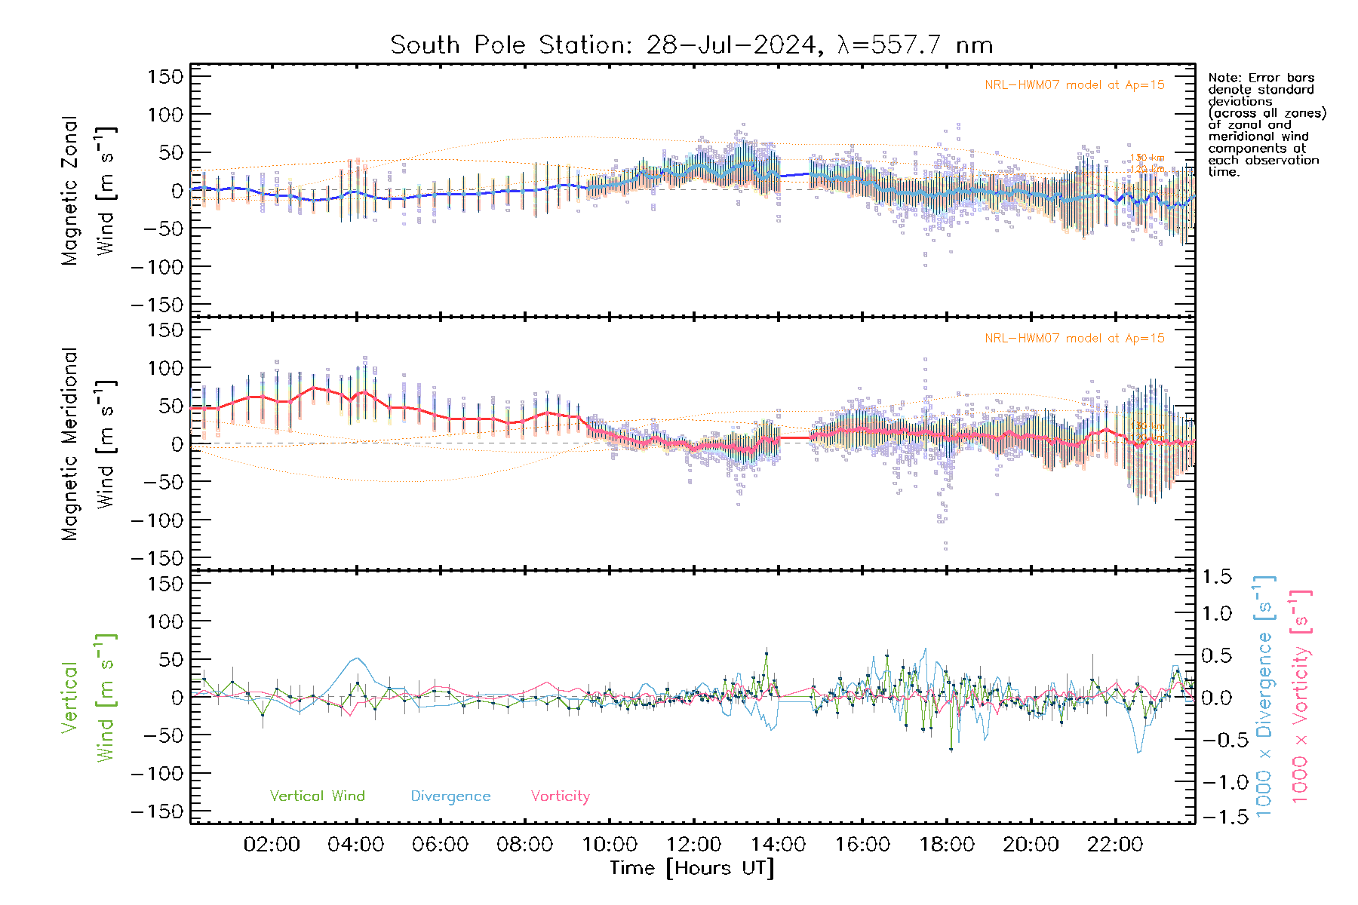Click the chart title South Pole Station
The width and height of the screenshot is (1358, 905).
[x=690, y=45]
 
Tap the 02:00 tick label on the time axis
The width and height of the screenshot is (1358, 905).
[x=272, y=845]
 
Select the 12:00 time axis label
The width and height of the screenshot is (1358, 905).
[x=693, y=845]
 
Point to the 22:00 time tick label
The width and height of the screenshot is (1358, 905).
[x=1115, y=845]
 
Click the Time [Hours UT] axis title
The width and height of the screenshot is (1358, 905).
[x=692, y=868]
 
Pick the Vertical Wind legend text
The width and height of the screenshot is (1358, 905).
[x=317, y=796]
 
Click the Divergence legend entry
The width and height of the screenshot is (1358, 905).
[x=450, y=796]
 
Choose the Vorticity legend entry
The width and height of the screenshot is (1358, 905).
[x=560, y=796]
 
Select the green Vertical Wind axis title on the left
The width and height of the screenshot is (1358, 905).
[x=88, y=698]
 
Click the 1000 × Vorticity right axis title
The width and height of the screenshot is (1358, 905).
[x=1301, y=697]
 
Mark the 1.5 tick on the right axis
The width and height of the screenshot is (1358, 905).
[x=1217, y=577]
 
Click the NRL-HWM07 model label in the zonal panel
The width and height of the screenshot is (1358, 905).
[x=1074, y=85]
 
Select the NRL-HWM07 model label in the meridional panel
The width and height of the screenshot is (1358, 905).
[x=1074, y=339]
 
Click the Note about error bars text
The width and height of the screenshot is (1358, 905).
[x=1267, y=124]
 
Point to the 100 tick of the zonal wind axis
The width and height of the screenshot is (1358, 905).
[x=165, y=115]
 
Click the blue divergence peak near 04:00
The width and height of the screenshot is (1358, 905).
[x=357, y=659]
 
